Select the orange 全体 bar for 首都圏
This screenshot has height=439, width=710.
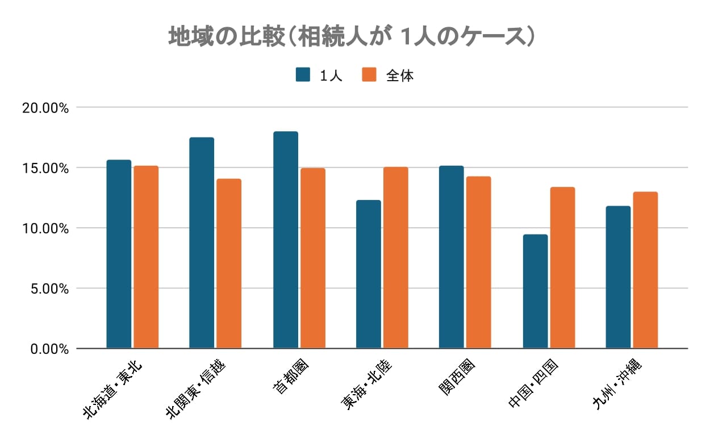[x=312, y=258]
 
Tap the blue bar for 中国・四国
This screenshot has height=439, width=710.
[x=535, y=291]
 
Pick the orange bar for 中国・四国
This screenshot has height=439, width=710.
[x=562, y=267]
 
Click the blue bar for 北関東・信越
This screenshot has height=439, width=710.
[x=202, y=243]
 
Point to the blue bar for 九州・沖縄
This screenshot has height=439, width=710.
[x=618, y=277]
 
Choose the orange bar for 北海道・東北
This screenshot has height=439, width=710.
[x=146, y=257]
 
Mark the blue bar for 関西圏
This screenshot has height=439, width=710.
[x=451, y=257]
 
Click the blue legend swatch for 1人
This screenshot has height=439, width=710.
[x=303, y=75]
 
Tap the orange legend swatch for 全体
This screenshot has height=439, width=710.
[x=369, y=75]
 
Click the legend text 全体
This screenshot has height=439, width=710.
[x=400, y=76]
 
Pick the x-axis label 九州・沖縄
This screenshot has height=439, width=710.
[x=616, y=384]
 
